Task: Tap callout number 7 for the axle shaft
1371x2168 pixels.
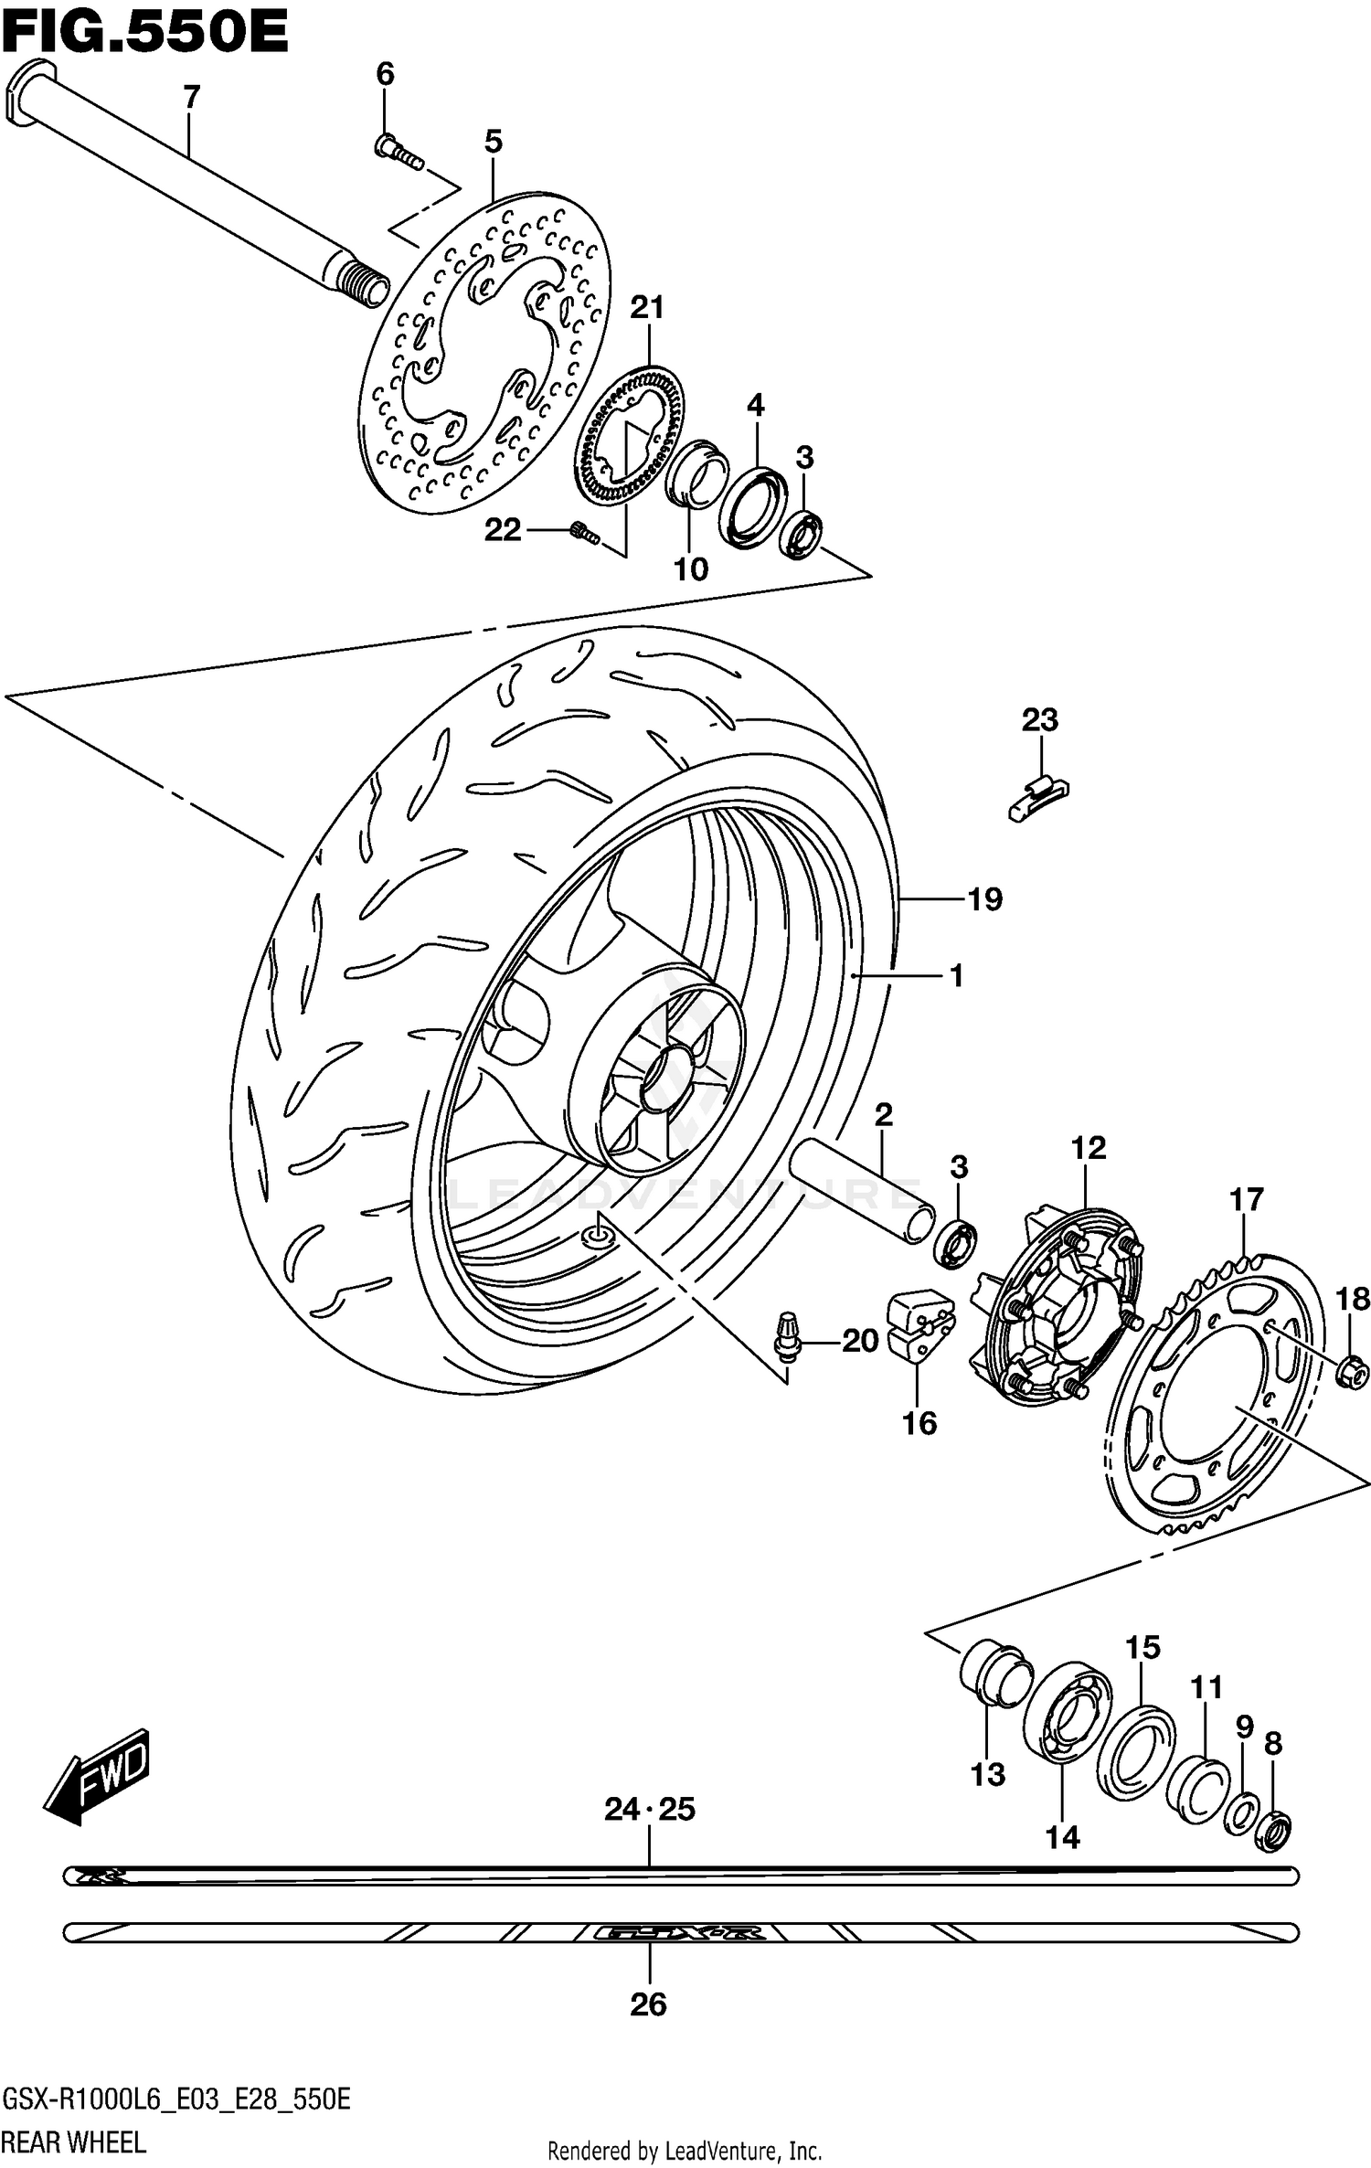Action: click(x=191, y=97)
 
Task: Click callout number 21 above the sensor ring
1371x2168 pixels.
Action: click(x=647, y=309)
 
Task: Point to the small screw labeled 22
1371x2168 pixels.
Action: click(x=583, y=532)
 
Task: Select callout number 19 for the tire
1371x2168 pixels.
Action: click(x=984, y=900)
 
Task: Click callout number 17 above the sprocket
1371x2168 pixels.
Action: click(x=1247, y=1199)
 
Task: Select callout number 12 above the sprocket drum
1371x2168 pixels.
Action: click(x=1089, y=1148)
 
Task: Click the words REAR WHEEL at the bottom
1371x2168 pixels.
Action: click(x=73, y=2135)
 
